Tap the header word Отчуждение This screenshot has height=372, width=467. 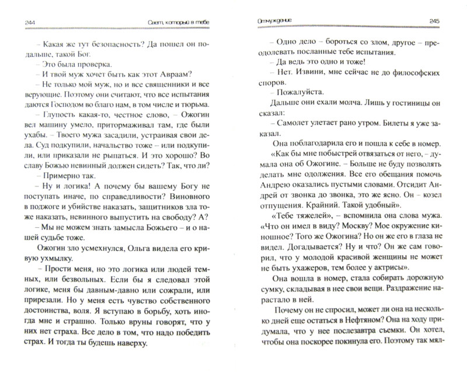tap(266, 22)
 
